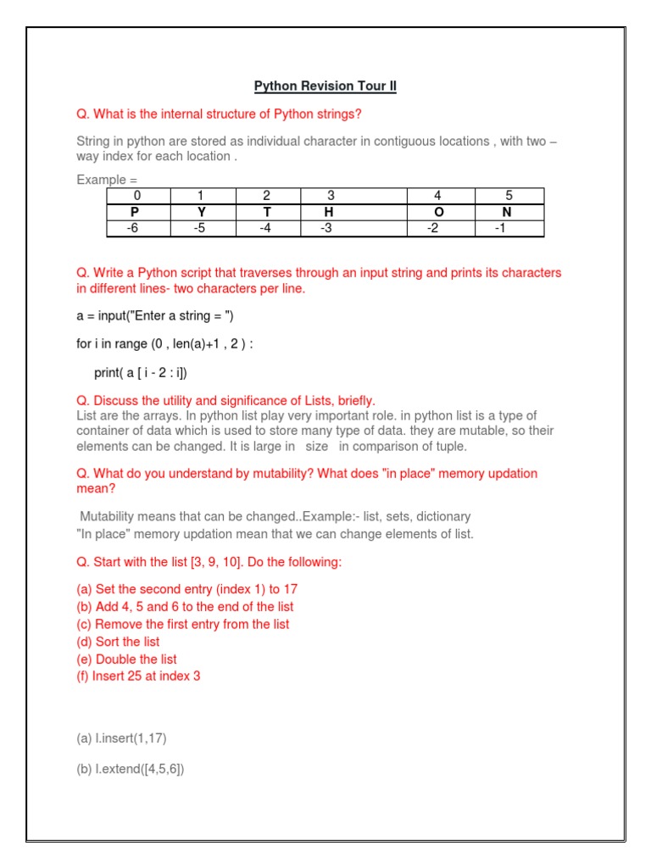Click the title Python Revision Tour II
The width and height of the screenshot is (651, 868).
click(325, 86)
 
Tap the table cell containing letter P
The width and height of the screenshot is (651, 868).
click(138, 212)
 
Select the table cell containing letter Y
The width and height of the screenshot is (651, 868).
click(202, 212)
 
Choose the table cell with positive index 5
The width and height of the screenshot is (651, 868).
click(509, 196)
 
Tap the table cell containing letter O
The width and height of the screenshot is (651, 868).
click(438, 212)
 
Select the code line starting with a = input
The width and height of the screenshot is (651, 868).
click(154, 316)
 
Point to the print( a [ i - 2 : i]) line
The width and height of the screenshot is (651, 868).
click(140, 373)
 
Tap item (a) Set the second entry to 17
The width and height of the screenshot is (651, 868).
click(186, 588)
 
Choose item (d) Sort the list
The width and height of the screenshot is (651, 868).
click(118, 642)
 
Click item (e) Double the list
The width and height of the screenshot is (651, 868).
click(126, 659)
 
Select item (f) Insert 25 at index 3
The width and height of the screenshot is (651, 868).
click(138, 676)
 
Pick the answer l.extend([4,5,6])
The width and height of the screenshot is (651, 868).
click(130, 769)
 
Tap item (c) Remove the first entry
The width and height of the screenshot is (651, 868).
click(183, 624)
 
